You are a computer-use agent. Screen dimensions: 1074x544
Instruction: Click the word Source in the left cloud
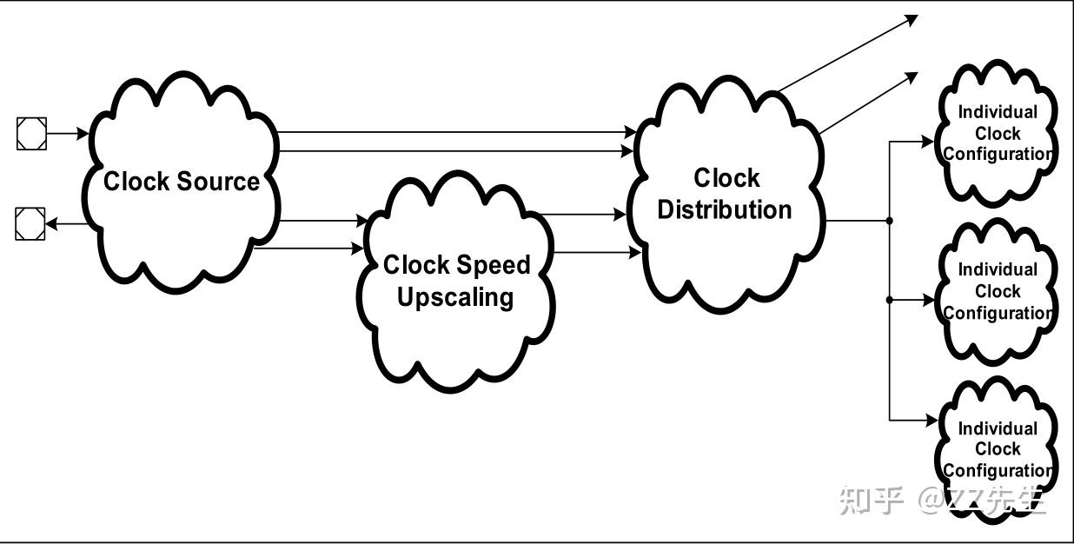tap(218, 182)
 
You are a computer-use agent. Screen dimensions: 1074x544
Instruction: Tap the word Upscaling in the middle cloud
tap(455, 297)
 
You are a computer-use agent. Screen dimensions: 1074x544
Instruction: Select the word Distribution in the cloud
tap(725, 209)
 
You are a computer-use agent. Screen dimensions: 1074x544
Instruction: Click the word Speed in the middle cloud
tap(494, 265)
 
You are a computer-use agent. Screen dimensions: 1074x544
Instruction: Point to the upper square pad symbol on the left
tap(31, 133)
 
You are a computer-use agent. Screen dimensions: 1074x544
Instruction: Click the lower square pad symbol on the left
tap(30, 223)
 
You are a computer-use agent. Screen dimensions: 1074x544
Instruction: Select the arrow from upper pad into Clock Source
tap(68, 133)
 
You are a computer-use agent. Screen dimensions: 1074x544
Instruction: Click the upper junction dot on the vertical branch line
tap(890, 221)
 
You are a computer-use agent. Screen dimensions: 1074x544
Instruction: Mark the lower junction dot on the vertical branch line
tap(890, 300)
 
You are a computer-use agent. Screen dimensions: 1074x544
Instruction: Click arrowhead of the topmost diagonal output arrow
tap(912, 19)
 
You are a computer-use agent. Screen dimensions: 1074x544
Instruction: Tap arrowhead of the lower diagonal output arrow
tap(912, 76)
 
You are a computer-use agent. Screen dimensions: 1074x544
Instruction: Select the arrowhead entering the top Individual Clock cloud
tap(928, 142)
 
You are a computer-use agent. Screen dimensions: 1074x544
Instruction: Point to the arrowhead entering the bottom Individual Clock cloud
tap(931, 421)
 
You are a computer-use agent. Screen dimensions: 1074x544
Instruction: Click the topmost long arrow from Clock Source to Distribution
tap(457, 131)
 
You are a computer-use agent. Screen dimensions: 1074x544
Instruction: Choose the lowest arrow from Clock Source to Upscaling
tap(308, 248)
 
